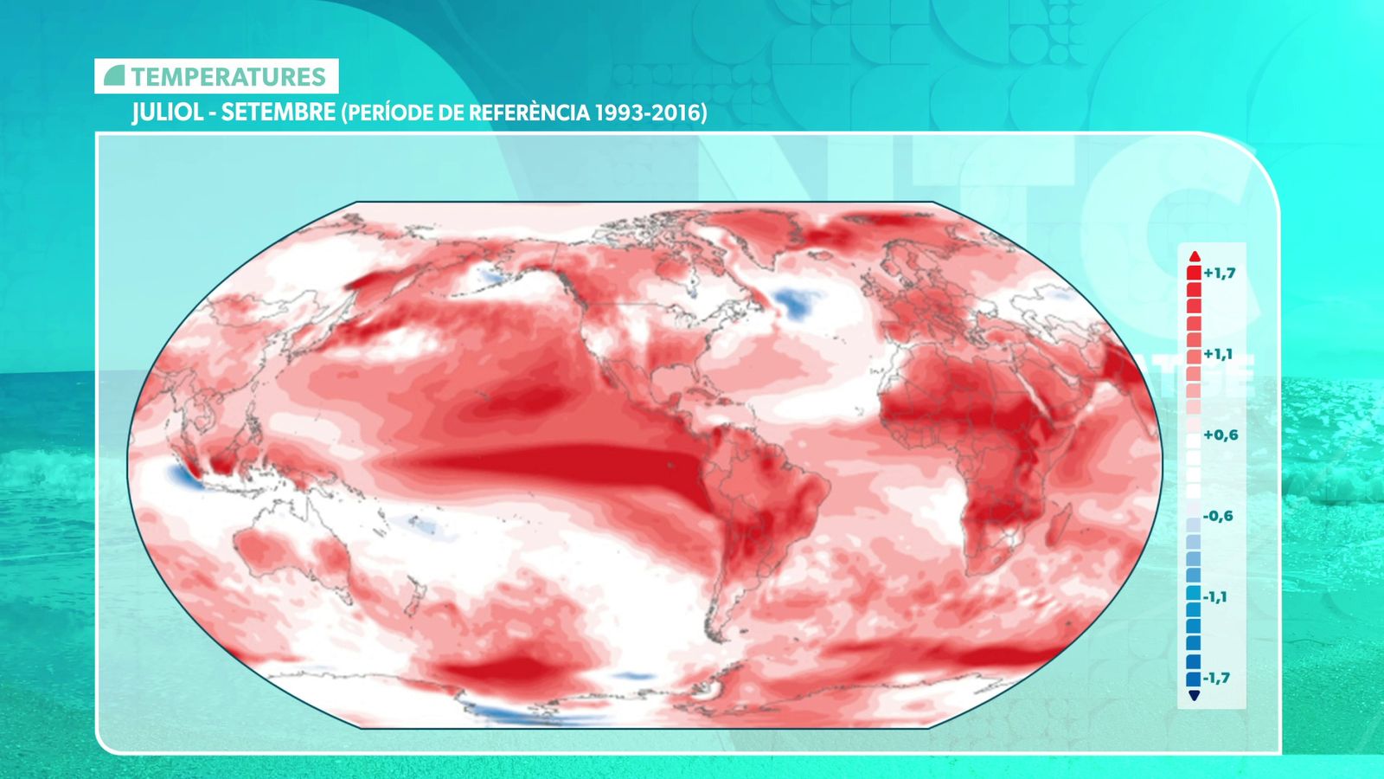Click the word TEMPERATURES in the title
[228, 77]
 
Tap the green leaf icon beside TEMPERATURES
[114, 76]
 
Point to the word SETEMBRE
[279, 113]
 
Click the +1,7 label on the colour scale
[1220, 274]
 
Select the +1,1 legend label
[1218, 354]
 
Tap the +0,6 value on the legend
[1220, 435]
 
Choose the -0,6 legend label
[1218, 516]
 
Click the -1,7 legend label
[1216, 678]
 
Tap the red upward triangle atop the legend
[1195, 255]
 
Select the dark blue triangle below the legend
[1195, 696]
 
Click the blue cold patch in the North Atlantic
[798, 303]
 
